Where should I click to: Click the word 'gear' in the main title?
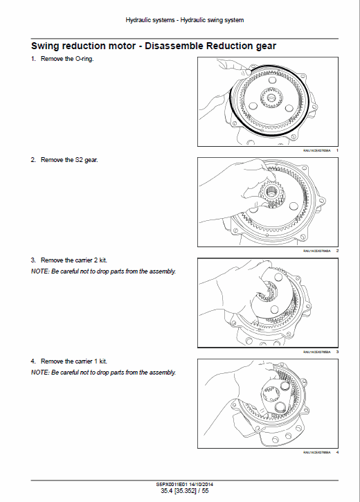tap(263, 46)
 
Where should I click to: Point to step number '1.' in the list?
tap(33, 59)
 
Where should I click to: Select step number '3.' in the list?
tap(33, 260)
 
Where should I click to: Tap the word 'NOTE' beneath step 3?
tap(39, 271)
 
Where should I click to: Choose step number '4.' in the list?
tap(33, 361)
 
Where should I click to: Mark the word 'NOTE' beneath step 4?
tap(39, 373)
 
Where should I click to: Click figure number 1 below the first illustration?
tap(336, 150)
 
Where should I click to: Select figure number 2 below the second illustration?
tap(336, 250)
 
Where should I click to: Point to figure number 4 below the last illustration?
tap(336, 452)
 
